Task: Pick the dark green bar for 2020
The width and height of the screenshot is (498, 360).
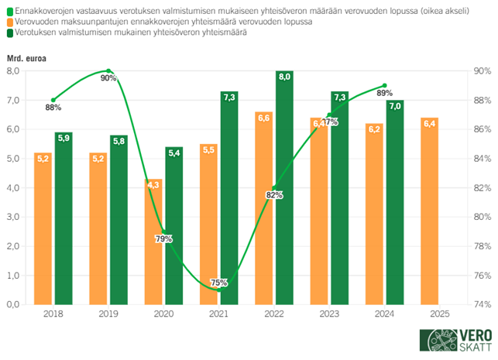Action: point(174,225)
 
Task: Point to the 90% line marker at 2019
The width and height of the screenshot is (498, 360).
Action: point(108,70)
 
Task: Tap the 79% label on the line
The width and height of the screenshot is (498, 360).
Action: point(163,238)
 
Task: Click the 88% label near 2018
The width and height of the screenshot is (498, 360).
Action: point(53,108)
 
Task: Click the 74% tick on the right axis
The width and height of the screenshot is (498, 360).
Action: point(482,304)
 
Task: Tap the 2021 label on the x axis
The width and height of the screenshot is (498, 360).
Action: point(218,315)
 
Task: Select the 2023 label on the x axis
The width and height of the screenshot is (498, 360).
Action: point(328,315)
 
